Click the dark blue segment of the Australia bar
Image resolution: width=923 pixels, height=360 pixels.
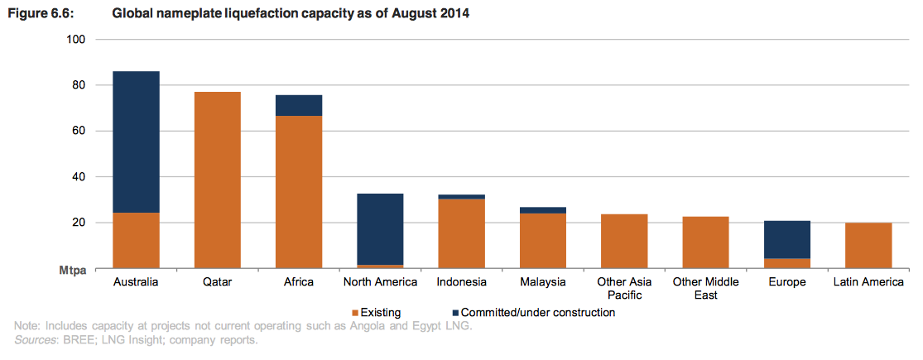(x=136, y=142)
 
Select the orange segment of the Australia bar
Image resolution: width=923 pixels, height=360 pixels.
(x=136, y=240)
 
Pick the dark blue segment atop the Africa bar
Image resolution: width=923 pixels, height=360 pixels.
(x=299, y=105)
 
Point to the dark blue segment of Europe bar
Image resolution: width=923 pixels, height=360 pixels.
(x=787, y=239)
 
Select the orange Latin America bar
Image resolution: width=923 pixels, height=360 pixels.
(x=868, y=245)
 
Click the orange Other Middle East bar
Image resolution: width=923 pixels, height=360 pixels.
(x=705, y=242)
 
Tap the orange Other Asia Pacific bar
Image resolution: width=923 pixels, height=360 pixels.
(x=624, y=241)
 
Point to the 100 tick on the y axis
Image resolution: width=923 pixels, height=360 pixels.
(x=79, y=40)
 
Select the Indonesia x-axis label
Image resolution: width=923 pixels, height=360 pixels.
(x=462, y=282)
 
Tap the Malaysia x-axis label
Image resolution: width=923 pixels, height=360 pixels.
(x=543, y=282)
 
